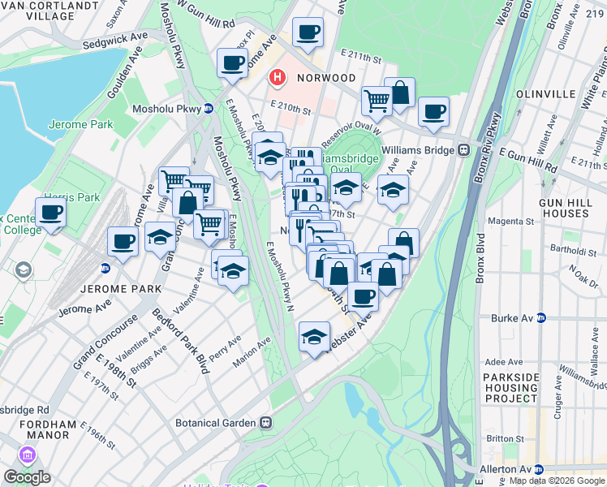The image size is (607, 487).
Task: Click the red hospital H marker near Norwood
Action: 278,78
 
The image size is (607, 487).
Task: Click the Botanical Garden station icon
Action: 265,423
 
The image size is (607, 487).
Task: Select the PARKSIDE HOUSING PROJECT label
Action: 521,388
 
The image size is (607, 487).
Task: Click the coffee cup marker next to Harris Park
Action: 50,213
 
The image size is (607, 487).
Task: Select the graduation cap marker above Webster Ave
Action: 314,338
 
